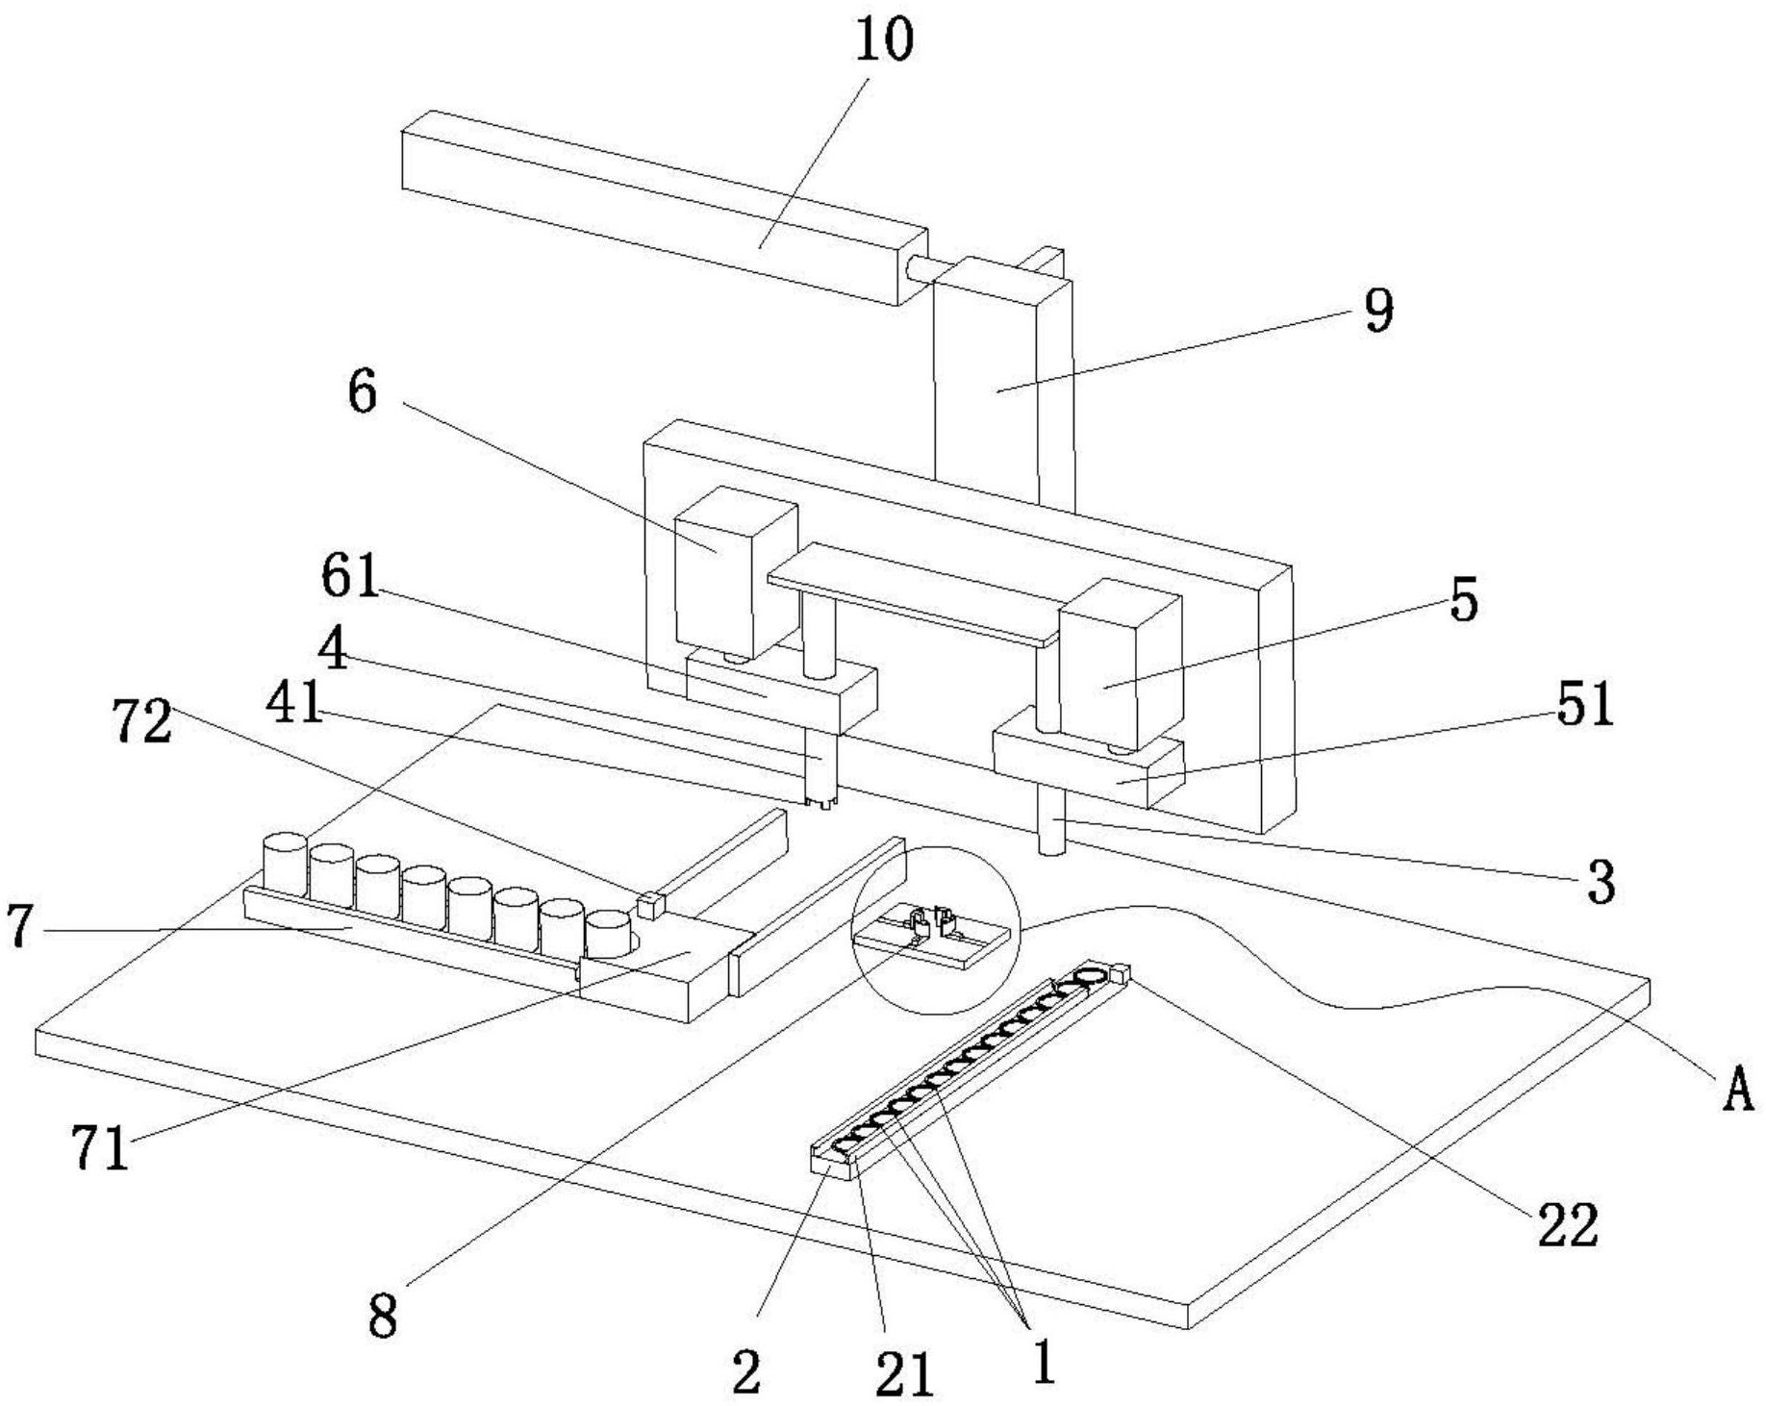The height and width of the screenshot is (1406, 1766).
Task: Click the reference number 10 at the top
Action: [883, 40]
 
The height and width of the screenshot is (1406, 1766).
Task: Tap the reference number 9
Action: [1378, 311]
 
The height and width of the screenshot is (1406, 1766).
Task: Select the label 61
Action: [351, 576]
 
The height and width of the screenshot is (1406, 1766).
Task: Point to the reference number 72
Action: [142, 721]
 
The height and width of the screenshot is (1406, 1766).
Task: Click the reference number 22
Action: [1568, 1224]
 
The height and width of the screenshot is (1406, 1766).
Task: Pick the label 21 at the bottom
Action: [904, 1373]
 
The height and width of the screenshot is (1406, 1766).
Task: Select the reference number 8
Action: [383, 1316]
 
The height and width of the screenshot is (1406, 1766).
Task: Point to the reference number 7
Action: [21, 927]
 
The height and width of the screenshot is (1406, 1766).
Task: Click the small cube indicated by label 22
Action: [1119, 973]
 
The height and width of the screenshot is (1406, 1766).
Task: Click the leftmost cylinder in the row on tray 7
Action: [285, 863]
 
